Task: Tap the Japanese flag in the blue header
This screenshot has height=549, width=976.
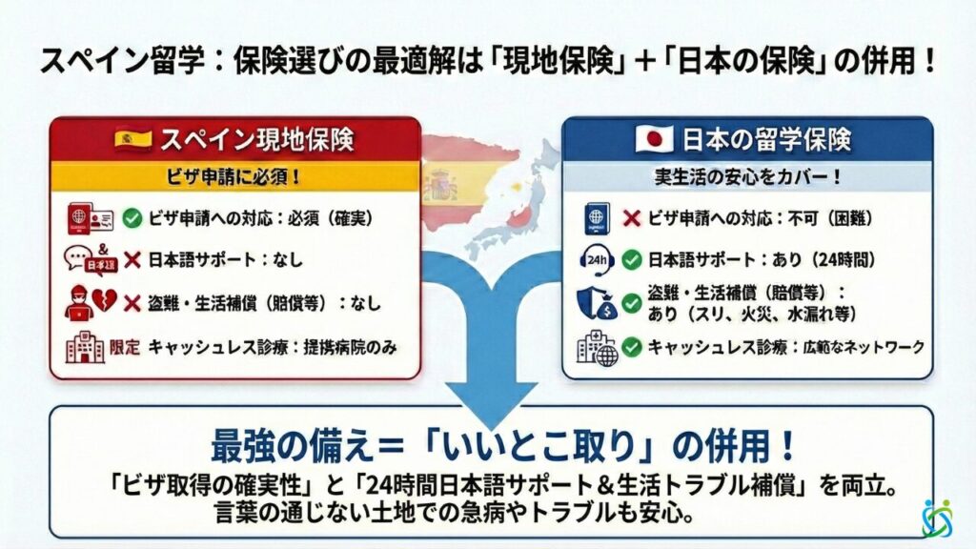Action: click(654, 139)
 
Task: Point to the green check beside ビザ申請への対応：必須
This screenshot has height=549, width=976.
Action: click(132, 217)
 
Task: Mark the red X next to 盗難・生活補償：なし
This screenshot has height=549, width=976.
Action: click(132, 304)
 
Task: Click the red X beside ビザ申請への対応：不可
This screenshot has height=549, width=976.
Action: click(630, 217)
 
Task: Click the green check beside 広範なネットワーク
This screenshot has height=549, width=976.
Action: click(630, 348)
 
